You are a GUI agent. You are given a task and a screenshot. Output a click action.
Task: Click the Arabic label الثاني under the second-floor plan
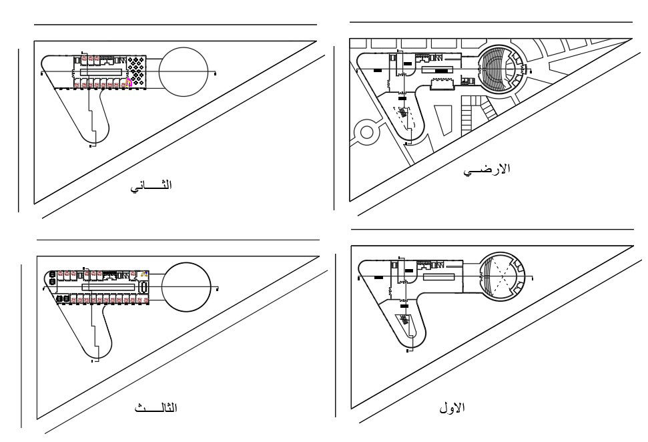pyautogui.click(x=151, y=186)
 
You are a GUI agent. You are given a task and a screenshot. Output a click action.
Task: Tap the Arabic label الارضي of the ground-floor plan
pyautogui.click(x=487, y=170)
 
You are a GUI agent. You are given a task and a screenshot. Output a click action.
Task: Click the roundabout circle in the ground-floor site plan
pyautogui.click(x=366, y=132)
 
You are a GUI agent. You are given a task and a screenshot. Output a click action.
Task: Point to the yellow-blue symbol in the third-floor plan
pyautogui.click(x=144, y=274)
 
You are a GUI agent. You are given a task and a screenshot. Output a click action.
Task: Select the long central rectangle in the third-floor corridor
pyautogui.click(x=109, y=286)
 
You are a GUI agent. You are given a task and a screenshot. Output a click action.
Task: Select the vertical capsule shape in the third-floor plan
pyautogui.click(x=144, y=287)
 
